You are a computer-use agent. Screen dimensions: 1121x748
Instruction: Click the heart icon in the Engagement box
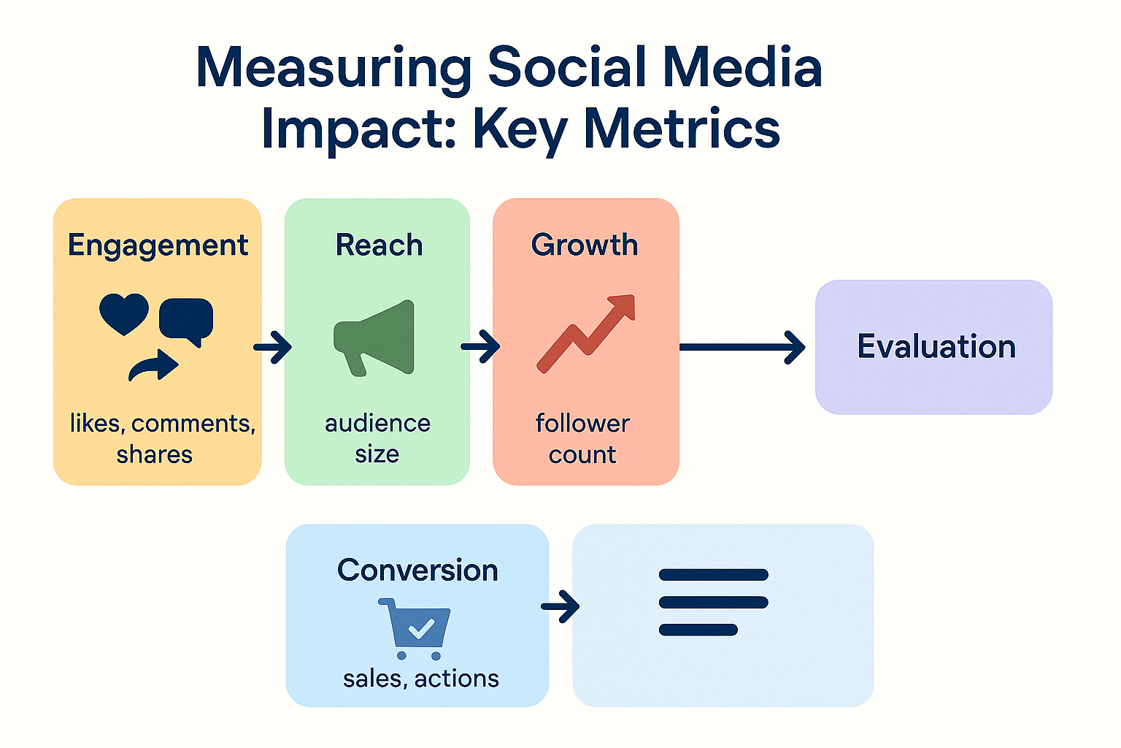coord(124,314)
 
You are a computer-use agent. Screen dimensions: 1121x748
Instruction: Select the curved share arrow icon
coord(153,365)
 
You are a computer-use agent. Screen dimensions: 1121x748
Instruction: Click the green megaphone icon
coord(374,338)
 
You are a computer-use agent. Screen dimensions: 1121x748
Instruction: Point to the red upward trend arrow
coord(586,334)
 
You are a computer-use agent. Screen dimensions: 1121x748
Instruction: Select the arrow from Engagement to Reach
coord(273,347)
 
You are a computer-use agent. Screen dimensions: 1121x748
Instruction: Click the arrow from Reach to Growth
coord(480,346)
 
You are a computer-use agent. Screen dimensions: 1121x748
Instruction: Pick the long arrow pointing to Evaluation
coord(742,347)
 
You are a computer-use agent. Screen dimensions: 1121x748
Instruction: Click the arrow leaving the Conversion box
coord(560,607)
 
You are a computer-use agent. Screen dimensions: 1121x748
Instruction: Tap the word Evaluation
coord(936,346)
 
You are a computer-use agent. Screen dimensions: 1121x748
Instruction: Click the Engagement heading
coord(158,246)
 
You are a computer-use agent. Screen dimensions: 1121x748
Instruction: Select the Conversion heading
coord(418,570)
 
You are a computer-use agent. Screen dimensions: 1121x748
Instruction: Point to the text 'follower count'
coord(582,439)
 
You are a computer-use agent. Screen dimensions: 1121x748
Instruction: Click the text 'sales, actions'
coord(421,679)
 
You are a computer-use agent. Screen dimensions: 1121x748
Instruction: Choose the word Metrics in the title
coord(682,129)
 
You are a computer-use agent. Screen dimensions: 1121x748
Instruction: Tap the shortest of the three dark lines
coord(698,630)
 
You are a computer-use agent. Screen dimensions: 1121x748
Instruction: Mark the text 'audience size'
coord(377,439)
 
